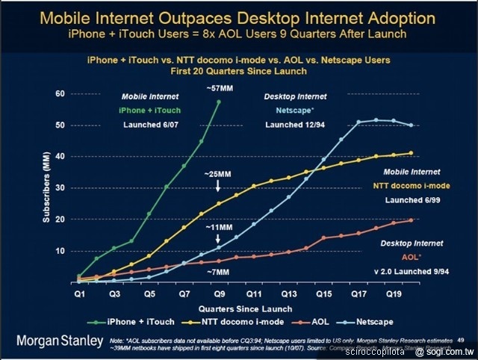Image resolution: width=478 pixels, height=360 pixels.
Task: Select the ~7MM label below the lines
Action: pos(218,273)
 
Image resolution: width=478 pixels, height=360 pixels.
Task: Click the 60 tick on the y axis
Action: pos(60,93)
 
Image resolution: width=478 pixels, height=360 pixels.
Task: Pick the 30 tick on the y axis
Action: pos(60,188)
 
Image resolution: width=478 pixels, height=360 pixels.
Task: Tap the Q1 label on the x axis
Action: pos(80,296)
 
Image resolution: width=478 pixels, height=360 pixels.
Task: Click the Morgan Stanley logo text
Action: pos(60,341)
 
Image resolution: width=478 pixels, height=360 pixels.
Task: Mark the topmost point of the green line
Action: pos(219,102)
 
